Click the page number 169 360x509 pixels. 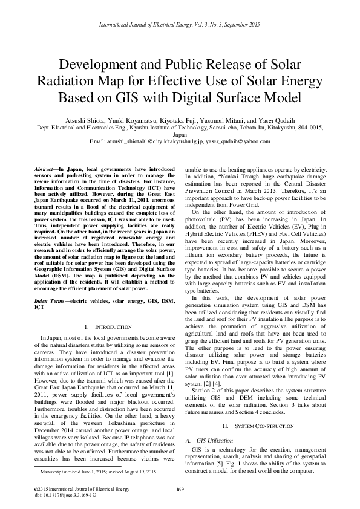coord(180,488)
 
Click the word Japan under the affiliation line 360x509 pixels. coord(180,136)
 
